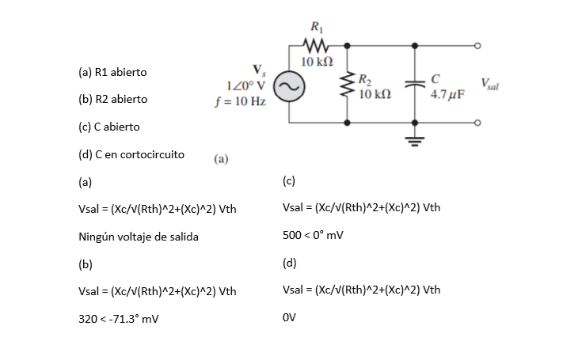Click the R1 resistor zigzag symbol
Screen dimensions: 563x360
coord(316,46)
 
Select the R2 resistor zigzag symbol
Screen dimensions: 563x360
coord(347,85)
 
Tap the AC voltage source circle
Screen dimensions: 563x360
coord(289,86)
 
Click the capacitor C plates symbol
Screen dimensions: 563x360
coord(415,84)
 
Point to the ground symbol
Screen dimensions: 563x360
coord(415,142)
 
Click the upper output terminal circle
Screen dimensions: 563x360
coord(477,46)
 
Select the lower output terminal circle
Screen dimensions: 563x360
coord(477,123)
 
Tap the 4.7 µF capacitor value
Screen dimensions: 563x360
coord(447,94)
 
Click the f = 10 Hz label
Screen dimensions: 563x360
coord(240,101)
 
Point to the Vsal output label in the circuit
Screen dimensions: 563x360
coord(489,85)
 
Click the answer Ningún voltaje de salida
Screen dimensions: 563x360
coord(139,237)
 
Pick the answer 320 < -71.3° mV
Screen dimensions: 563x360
coord(119,319)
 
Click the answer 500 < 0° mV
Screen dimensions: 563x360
coord(313,235)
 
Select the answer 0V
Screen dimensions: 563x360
coord(289,317)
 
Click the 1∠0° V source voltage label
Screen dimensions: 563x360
coord(246,86)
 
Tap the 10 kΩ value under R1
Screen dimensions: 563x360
coord(317,62)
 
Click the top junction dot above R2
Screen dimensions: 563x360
coord(347,46)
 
